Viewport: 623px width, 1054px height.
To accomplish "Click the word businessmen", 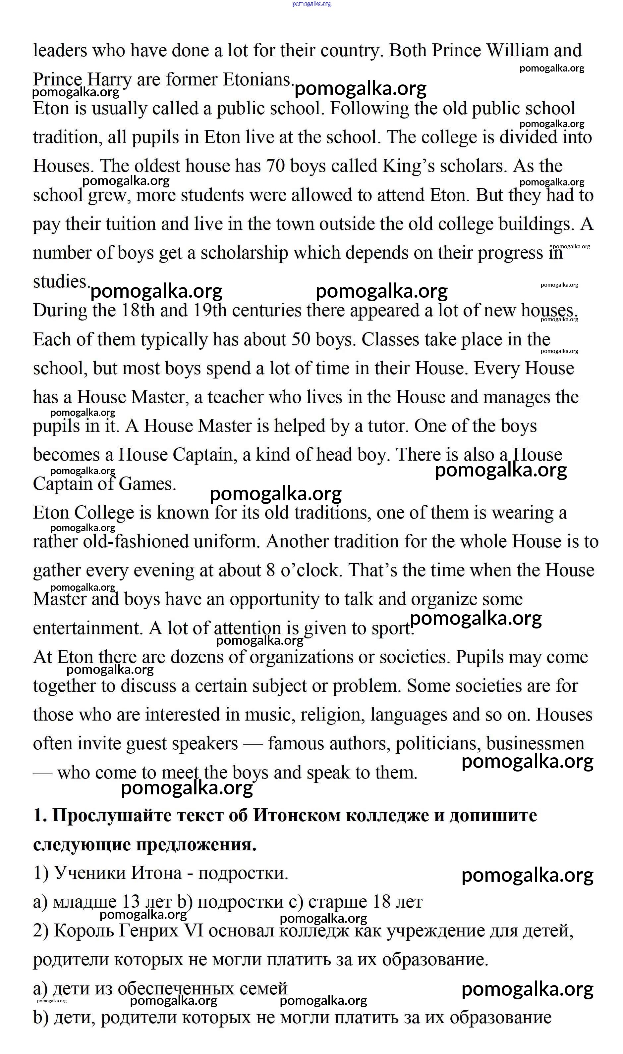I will (x=535, y=744).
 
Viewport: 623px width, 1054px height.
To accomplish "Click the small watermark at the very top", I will (x=311, y=4).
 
